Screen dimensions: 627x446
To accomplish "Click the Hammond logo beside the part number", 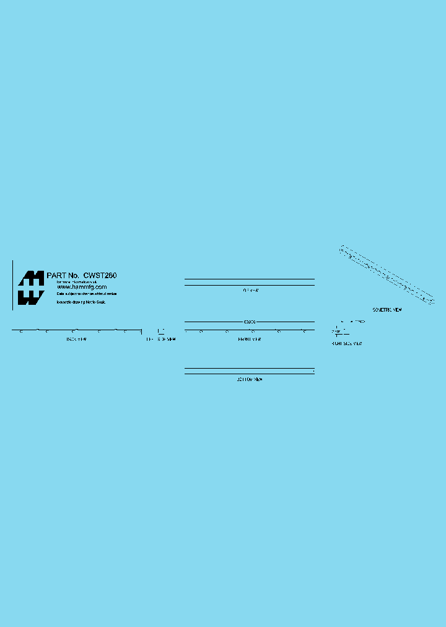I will coord(30,288).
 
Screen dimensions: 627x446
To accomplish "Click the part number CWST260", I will coord(100,275).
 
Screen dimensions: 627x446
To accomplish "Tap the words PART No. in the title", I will coord(63,275).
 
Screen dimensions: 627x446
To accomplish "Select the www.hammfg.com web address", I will coord(77,287).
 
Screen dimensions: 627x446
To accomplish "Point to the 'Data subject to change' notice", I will coord(86,294).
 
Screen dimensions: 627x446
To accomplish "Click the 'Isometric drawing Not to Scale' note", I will coord(81,302).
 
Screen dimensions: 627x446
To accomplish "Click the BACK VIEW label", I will coord(76,339).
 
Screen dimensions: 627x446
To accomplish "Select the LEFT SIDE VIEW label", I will coord(160,340).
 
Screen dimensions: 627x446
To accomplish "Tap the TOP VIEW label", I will coord(250,290).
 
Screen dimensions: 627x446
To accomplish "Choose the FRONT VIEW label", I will coord(250,340).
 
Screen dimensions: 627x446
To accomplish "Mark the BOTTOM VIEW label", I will coord(250,379).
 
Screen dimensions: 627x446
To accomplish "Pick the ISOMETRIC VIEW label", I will coord(387,310).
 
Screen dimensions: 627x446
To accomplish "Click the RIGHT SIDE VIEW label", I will coord(347,343).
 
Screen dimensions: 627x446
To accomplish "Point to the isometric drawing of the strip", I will coord(387,274).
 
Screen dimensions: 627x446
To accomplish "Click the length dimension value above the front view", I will coord(250,322).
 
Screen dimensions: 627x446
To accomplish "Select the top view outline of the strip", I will coord(250,282).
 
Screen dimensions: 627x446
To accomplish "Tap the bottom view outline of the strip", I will coord(250,372).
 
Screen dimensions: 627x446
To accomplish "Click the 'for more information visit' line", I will coord(77,282).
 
